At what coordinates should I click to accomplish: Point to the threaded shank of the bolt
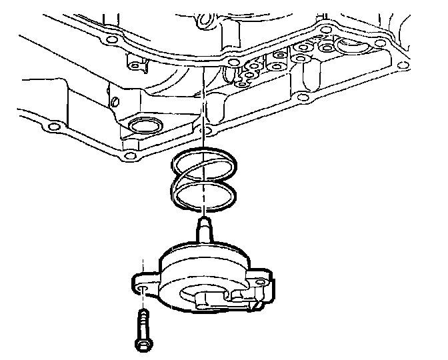click(x=142, y=324)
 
